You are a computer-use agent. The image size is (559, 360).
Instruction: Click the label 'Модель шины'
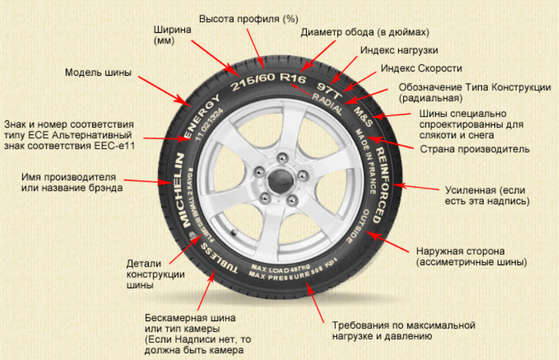click(98, 72)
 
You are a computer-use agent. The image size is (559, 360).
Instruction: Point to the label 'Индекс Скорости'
click(421, 68)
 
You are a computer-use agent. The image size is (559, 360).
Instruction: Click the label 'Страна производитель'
click(475, 149)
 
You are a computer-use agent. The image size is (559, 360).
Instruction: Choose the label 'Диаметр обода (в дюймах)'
click(365, 32)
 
